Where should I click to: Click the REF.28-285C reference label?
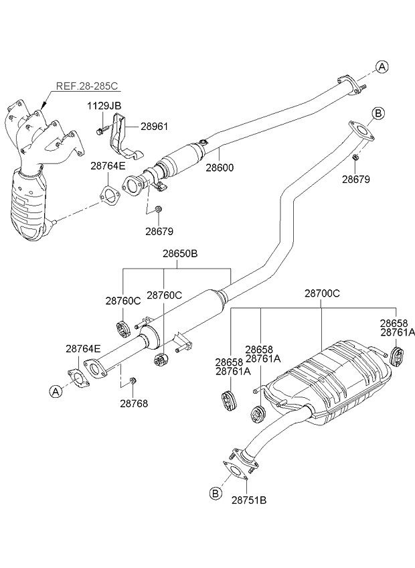coord(87,86)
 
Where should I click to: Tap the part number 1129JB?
coord(104,106)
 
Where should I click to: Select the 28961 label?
coord(155,127)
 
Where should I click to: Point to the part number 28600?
coord(220,167)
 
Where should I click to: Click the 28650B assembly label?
coord(180,254)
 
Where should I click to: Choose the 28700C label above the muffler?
coord(323,293)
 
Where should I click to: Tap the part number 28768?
coord(134,403)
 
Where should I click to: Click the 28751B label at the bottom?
coord(249,500)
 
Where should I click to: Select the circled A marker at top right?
coord(382,67)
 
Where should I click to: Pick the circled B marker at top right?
coord(378,113)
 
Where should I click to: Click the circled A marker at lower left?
coord(56,391)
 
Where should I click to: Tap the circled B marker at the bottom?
coord(216,493)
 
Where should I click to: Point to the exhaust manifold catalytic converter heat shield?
coord(29,206)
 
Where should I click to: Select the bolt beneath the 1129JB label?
coord(102,130)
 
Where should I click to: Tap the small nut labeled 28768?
coord(133,380)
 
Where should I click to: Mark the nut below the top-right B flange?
coord(355,157)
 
